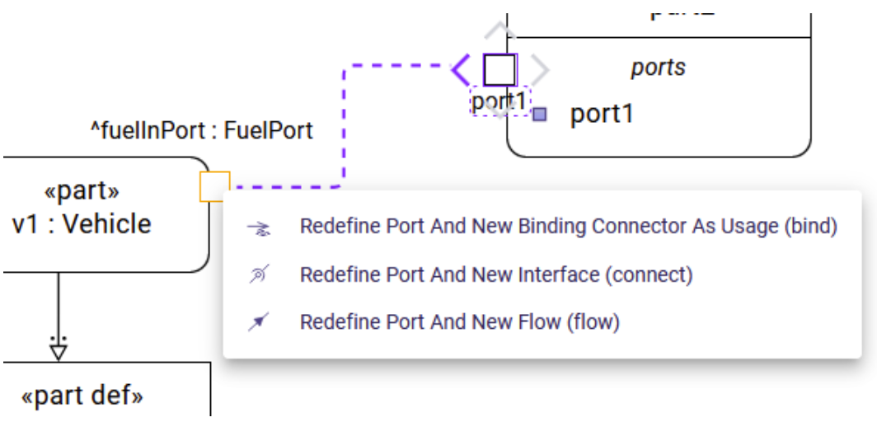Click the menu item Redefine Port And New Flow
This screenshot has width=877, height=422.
coord(459,321)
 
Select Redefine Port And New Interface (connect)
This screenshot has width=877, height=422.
coord(495,274)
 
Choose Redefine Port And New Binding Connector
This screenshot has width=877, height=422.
coord(568,227)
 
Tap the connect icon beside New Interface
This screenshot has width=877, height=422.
coord(259,274)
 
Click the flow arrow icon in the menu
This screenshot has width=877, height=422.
coord(259,322)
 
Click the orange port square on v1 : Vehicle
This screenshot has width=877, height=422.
coord(214,187)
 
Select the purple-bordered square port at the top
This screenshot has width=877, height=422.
coord(499,69)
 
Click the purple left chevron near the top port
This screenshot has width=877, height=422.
coord(460,69)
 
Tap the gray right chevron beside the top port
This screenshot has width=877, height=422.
coord(539,69)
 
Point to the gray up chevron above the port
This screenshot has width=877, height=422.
coord(499,31)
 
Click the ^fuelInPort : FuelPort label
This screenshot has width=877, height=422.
coord(201,130)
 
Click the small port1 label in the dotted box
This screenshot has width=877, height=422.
coord(498,102)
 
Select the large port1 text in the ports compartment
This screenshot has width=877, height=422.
coord(602,115)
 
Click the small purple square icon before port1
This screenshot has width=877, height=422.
coord(540,115)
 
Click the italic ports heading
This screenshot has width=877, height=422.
coord(658,68)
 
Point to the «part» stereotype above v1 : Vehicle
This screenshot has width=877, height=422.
coord(81,191)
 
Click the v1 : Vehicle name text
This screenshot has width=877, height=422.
coord(82,223)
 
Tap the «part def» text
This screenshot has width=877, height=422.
coord(82,396)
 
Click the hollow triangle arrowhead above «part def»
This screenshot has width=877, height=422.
coord(58,351)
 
